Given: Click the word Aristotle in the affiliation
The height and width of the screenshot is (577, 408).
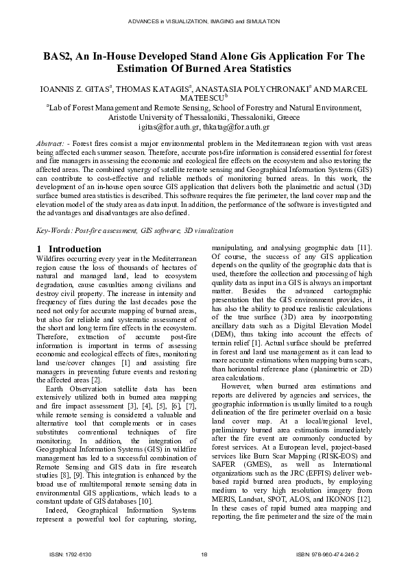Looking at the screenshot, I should click(x=121, y=117).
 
